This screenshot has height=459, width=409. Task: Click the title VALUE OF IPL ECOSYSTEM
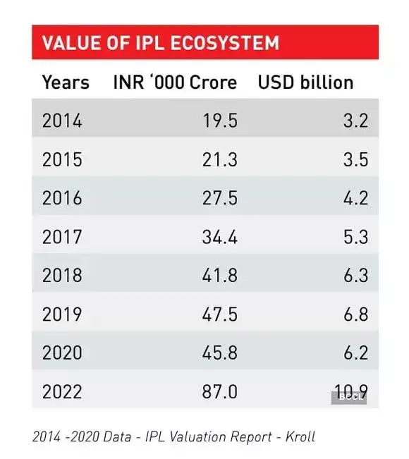pos(160,42)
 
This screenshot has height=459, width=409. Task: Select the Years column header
pos(66,82)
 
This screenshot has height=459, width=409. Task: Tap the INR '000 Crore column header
pos(175,82)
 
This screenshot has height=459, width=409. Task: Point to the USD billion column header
pos(305,82)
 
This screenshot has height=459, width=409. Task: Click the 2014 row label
pos(62,121)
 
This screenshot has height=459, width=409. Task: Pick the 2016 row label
pos(62,197)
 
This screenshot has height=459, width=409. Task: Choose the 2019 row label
pos(62,313)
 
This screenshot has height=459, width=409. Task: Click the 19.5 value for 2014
pos(219,121)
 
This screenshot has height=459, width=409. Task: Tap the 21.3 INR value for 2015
pos(219,159)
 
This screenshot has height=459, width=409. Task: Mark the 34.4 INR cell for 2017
pos(219,236)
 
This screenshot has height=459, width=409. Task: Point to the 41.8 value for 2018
pos(219,275)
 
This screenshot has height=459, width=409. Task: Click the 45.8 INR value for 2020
pos(219,352)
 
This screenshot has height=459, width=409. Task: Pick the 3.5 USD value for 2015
pos(355,159)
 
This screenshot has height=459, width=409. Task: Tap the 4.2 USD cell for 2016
pos(355,197)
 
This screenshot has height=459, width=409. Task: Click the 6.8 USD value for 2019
pos(355,313)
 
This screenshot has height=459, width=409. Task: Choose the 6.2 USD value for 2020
pos(355,352)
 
